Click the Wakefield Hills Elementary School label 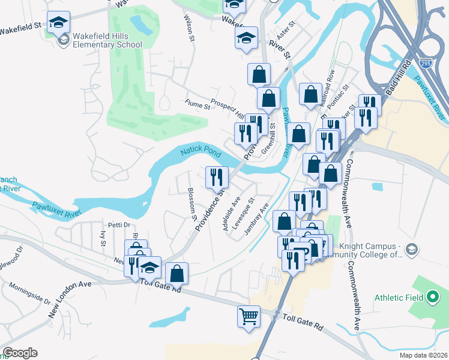point(107,40)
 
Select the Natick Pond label point(201,154)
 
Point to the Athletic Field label point(398,298)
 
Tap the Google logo point(20,353)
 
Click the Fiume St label point(197,106)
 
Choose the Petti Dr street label point(119,224)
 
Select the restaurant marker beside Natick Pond point(217,176)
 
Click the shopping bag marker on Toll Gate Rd point(177,273)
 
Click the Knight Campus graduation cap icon point(411,249)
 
